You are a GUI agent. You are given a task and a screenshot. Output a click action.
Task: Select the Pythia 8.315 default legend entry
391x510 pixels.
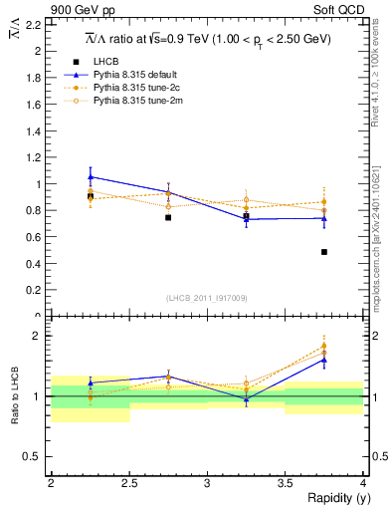click(132, 75)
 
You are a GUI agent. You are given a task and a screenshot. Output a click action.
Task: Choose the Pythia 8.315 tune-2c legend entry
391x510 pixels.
click(132, 88)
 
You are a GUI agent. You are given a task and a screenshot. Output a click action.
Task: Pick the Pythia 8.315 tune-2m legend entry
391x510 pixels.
click(132, 101)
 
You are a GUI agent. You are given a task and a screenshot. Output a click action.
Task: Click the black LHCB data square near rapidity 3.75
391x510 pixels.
click(324, 252)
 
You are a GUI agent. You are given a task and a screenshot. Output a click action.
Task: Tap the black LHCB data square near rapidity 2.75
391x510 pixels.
click(168, 217)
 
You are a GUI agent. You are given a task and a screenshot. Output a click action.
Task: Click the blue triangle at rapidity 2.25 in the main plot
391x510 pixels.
click(91, 176)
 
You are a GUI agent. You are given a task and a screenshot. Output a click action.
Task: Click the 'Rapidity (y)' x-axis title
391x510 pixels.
click(333, 499)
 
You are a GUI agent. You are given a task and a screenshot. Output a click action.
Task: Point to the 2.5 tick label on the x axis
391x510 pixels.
click(128, 482)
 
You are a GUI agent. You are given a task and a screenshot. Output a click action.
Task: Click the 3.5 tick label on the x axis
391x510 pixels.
click(285, 482)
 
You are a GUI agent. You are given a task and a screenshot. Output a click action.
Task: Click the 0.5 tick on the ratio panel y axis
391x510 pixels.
click(35, 456)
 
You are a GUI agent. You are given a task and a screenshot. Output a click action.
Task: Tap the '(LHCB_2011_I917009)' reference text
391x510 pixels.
click(206, 297)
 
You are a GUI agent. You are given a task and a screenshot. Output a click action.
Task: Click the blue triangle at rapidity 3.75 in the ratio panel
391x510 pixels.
click(324, 360)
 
